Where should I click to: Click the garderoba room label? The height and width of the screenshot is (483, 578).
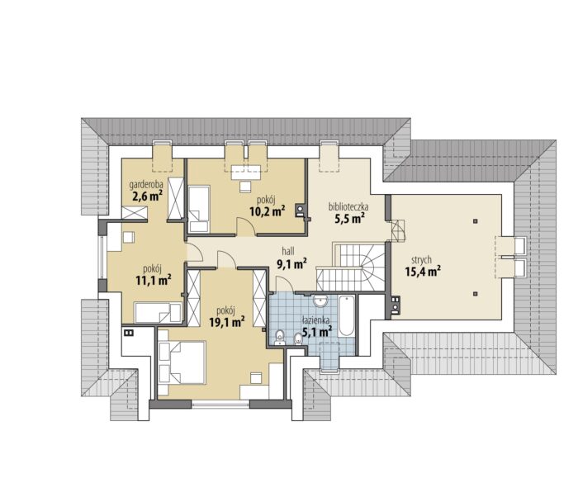145,185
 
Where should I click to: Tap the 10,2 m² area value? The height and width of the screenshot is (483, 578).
268,212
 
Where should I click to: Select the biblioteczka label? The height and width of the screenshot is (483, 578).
348,207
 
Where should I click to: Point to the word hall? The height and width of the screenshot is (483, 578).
288,252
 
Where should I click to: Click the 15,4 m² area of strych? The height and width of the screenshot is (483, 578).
424,272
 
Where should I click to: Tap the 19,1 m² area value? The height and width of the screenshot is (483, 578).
227,322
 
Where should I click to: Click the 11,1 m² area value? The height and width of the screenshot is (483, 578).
153,281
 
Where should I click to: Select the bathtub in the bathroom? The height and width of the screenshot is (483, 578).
347,315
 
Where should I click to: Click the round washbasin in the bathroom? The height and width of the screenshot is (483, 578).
320,301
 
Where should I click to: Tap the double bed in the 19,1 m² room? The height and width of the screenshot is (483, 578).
182,362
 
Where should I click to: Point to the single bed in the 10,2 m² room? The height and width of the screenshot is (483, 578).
199,209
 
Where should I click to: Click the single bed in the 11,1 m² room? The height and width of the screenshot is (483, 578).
159,313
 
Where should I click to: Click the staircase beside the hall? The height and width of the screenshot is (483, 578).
350,268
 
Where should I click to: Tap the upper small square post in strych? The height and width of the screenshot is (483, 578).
476,221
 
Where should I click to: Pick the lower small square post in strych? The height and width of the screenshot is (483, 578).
476,294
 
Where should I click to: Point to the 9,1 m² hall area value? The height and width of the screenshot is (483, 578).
291,263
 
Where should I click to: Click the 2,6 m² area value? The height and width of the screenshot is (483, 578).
148,197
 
